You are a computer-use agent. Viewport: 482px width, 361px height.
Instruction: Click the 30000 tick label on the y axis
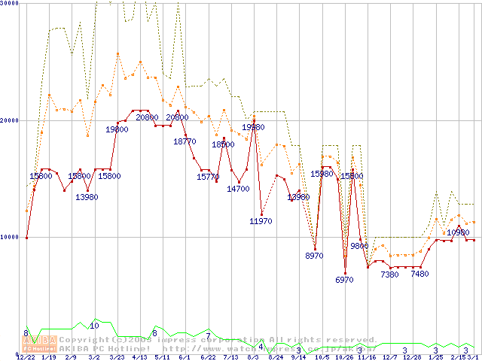pos(9,4)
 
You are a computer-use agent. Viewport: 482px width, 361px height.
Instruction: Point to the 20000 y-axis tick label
pos(9,120)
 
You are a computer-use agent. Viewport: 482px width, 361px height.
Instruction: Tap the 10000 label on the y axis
pos(9,237)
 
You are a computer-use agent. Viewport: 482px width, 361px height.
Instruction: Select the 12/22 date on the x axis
pos(26,357)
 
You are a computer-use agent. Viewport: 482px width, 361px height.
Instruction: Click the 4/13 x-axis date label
pos(139,357)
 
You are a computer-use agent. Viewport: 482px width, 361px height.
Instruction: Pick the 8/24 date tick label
pos(276,357)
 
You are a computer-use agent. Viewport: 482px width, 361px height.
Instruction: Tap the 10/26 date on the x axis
pos(344,357)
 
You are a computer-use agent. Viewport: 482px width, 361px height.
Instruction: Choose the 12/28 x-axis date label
pos(412,357)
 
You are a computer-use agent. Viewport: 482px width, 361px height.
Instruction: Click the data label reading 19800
pos(117,129)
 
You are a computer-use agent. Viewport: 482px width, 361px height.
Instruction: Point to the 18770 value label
pos(185,141)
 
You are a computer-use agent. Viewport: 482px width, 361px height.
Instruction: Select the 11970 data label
pos(261,221)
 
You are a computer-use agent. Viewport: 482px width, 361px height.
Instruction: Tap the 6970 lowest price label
pos(344,280)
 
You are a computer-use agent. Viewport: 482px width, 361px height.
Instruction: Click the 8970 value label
pos(314,256)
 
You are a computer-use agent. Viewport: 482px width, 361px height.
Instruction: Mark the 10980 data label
pos(458,233)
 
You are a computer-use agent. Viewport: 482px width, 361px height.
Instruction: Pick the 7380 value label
pos(389,275)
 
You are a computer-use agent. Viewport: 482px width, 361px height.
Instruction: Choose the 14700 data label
pos(238,189)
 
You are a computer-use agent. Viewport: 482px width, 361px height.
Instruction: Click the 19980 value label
pos(253,128)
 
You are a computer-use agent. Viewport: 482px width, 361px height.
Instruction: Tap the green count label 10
pos(94,326)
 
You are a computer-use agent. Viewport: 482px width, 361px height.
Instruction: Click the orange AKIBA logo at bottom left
pos(39,344)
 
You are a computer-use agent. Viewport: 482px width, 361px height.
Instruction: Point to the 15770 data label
pos(208,177)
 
